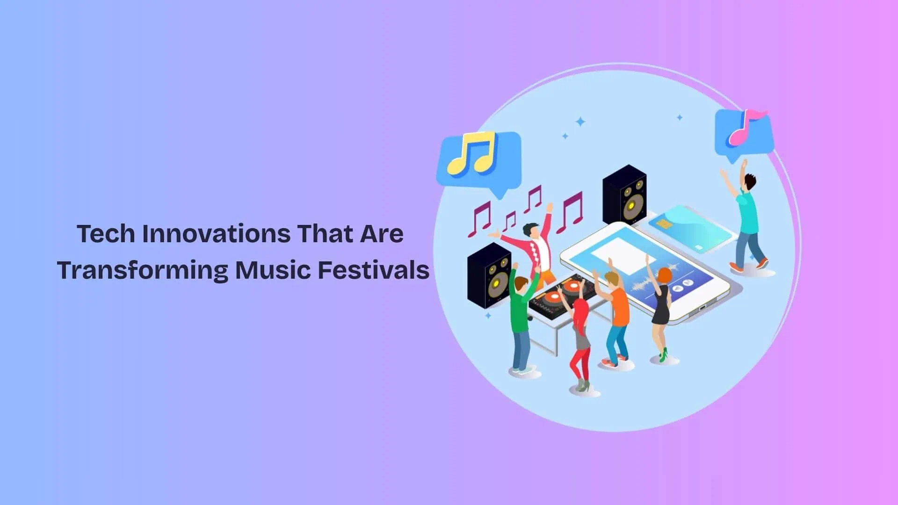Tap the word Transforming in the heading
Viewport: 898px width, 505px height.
tap(142, 270)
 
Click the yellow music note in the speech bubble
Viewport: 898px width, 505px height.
tap(471, 153)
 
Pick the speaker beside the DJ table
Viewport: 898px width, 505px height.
tap(489, 276)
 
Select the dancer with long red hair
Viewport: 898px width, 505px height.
tap(580, 337)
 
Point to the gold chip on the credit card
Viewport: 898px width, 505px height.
tap(663, 224)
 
